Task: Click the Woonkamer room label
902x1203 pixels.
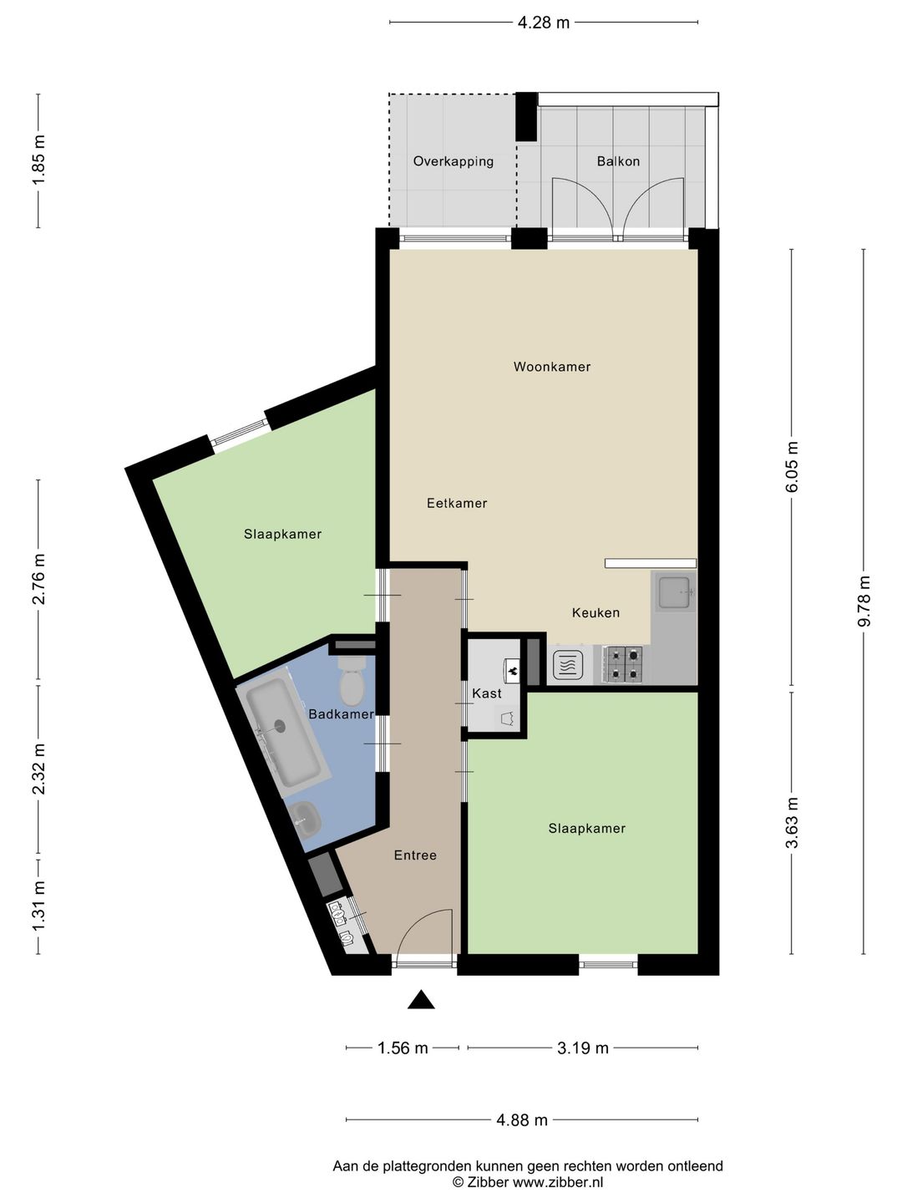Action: click(551, 367)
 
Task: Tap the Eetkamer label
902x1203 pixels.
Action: click(457, 503)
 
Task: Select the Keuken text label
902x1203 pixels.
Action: click(595, 612)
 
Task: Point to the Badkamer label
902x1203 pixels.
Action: click(342, 714)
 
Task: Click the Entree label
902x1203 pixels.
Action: click(415, 855)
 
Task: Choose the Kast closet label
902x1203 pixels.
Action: click(487, 693)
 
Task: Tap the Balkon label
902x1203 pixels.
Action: click(618, 161)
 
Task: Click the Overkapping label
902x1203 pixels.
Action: click(454, 162)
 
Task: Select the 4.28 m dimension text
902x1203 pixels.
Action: click(544, 23)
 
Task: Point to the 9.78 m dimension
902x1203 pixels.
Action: click(864, 601)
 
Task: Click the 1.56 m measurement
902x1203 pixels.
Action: click(403, 1048)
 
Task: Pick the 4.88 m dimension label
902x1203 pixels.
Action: click(522, 1120)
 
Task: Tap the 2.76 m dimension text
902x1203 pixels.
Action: click(38, 579)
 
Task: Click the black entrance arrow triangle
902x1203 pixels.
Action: click(421, 1000)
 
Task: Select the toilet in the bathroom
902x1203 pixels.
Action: click(352, 681)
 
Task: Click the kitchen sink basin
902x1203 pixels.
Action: click(674, 592)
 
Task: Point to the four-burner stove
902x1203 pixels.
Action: click(622, 665)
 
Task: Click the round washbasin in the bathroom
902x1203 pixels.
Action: click(305, 818)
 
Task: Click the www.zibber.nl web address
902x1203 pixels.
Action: click(558, 1181)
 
